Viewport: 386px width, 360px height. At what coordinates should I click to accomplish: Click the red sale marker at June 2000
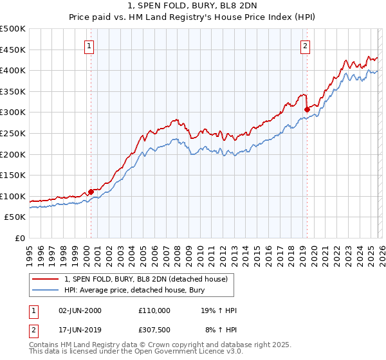coord(91,192)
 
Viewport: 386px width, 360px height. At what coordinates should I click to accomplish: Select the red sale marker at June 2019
coord(307,109)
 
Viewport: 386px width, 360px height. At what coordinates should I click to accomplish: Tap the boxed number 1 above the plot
coord(89,46)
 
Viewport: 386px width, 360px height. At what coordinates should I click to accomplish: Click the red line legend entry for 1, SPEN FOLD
coord(146,280)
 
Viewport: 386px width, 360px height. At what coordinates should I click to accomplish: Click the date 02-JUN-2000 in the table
coord(80,310)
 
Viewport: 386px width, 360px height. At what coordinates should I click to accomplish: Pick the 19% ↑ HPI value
coord(219,310)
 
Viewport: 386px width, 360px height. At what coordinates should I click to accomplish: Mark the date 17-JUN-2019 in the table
coord(80,331)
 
